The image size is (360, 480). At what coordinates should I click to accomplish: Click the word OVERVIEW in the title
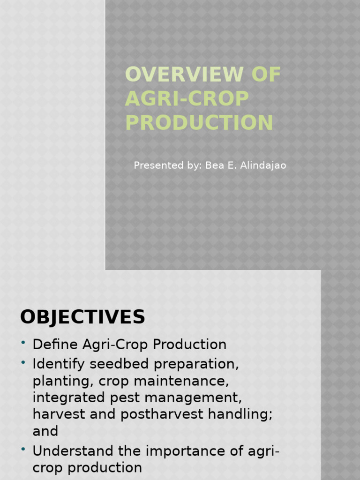pyautogui.click(x=184, y=75)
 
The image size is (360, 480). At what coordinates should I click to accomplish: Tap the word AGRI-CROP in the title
pyautogui.click(x=187, y=99)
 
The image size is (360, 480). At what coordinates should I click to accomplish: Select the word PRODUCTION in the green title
pyautogui.click(x=199, y=123)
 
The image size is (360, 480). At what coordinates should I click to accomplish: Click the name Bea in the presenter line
pyautogui.click(x=214, y=165)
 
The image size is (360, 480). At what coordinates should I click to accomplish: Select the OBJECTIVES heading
pyautogui.click(x=82, y=317)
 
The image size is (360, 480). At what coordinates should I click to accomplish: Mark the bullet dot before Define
pyautogui.click(x=23, y=344)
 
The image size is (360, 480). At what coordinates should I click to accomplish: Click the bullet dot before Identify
pyautogui.click(x=23, y=363)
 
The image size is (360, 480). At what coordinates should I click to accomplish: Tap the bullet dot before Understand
pyautogui.click(x=23, y=450)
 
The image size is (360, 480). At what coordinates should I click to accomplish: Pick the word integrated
pyautogui.click(x=66, y=398)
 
